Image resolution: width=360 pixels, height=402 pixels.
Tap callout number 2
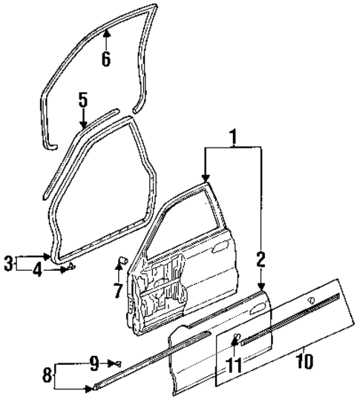(261, 258)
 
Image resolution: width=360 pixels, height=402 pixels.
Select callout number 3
(8, 263)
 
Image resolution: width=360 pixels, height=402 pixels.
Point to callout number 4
(37, 270)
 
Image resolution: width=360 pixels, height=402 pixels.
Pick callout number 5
(83, 100)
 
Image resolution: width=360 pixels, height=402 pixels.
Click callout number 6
(106, 59)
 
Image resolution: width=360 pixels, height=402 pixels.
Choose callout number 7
(118, 291)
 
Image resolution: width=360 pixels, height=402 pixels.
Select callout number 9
(94, 363)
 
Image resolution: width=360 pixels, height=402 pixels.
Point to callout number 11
(235, 365)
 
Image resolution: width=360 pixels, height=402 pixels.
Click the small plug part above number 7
(122, 260)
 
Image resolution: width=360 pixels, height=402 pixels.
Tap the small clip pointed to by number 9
(118, 363)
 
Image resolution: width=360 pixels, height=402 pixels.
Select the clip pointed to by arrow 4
(71, 266)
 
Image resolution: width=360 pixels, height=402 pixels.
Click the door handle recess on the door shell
(220, 248)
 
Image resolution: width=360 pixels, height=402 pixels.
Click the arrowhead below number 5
(83, 125)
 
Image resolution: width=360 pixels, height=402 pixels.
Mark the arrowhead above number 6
(106, 33)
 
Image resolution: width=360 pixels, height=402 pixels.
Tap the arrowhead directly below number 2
(261, 286)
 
